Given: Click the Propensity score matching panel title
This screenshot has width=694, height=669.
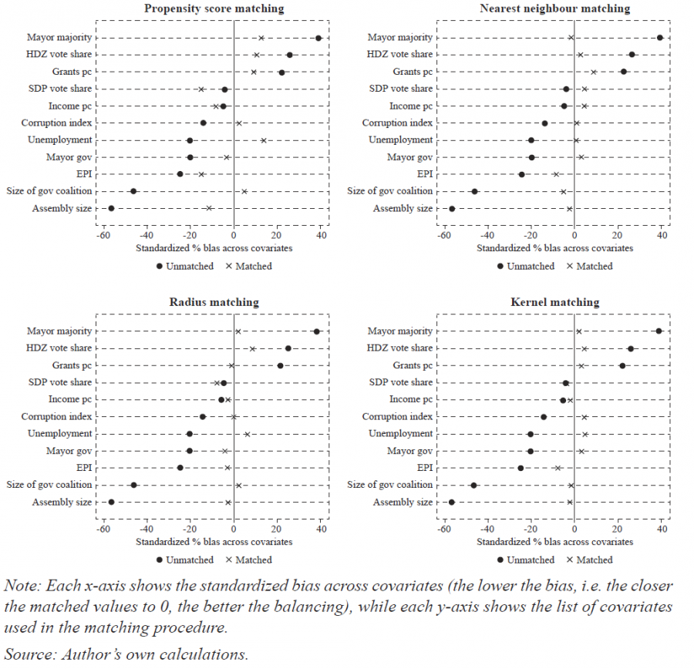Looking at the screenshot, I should pyautogui.click(x=214, y=8).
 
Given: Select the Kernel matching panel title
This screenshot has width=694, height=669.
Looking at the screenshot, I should pyautogui.click(x=554, y=302).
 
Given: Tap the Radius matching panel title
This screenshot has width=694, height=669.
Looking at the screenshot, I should pyautogui.click(x=214, y=302).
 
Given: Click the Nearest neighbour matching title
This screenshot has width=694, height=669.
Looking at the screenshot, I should pyautogui.click(x=554, y=8).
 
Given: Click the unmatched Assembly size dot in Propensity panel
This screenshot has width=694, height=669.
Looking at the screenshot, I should pyautogui.click(x=111, y=208).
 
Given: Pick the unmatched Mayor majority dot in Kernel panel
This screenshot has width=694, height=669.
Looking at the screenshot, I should pyautogui.click(x=659, y=331).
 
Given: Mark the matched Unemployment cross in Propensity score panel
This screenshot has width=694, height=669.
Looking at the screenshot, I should pyautogui.click(x=263, y=140).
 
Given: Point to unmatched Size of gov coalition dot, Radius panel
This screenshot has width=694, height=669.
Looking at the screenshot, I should pyautogui.click(x=133, y=485).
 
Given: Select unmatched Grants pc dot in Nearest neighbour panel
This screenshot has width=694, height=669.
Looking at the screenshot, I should pyautogui.click(x=623, y=72).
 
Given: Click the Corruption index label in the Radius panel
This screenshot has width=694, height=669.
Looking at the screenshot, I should pyautogui.click(x=57, y=417).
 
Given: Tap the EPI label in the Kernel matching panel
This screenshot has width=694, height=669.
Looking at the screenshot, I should pyautogui.click(x=425, y=468).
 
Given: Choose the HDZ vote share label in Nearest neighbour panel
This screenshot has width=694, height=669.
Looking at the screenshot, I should pyautogui.click(x=399, y=55).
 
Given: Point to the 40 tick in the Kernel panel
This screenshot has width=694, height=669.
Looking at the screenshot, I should pyautogui.click(x=662, y=529).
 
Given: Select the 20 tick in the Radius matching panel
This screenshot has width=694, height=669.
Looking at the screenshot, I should pyautogui.click(x=277, y=529).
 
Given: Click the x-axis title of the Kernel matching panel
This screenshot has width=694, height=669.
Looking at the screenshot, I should pyautogui.click(x=554, y=542).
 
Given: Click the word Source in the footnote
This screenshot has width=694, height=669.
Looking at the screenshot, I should pyautogui.click(x=23, y=655).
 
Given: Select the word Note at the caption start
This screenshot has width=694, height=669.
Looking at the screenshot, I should pyautogui.click(x=20, y=585).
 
